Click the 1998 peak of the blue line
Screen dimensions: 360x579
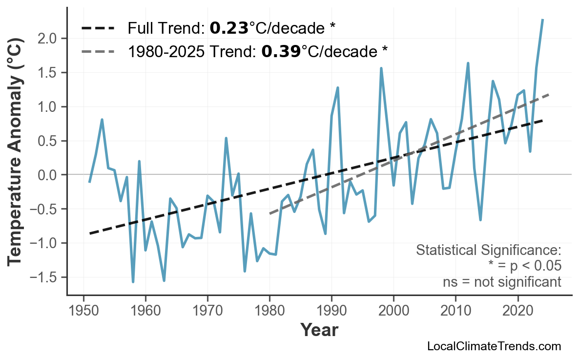(381, 69)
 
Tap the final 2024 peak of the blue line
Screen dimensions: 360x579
(542, 20)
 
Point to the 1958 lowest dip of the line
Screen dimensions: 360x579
(133, 281)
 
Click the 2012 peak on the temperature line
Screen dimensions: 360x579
(468, 64)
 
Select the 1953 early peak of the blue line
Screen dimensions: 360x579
(102, 120)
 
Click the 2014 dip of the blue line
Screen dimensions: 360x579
(480, 220)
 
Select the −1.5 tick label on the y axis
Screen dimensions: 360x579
(47, 277)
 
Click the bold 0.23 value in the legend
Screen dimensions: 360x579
(229, 28)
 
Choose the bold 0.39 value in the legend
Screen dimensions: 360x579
(281, 50)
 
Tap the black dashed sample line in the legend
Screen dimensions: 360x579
(98, 28)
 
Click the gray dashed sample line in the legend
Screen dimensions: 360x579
(98, 50)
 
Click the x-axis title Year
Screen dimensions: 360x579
(319, 330)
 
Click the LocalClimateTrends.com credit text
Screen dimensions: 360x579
(494, 346)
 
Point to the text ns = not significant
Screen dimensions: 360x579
(502, 282)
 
